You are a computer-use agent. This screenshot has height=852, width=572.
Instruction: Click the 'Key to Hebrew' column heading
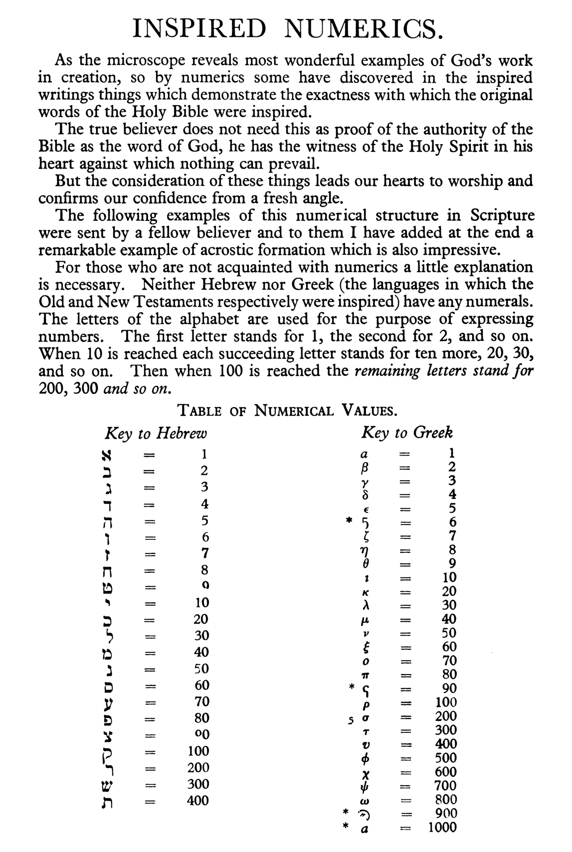pos(156,433)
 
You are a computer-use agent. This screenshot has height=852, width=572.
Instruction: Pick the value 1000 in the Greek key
pos(442,827)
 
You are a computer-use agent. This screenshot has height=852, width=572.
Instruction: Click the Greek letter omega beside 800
pos(365,800)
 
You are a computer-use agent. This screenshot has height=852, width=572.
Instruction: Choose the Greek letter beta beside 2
pos(365,468)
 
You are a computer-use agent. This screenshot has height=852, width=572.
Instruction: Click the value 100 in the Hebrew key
pos(198,751)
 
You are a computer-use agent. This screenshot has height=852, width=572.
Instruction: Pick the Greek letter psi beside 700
pos(365,786)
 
